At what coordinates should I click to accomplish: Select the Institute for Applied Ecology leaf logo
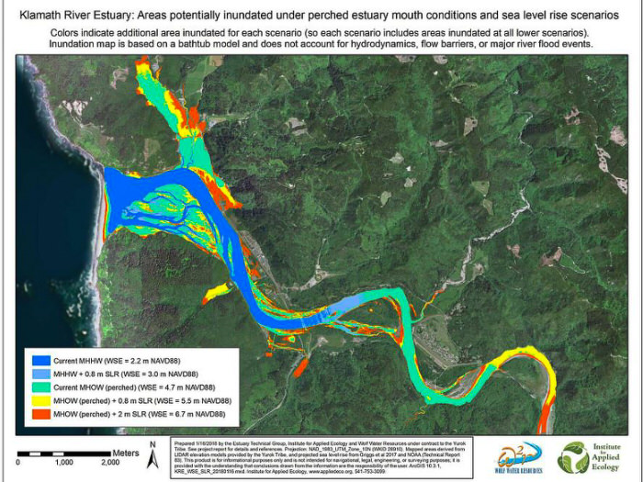coord(574,456)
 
